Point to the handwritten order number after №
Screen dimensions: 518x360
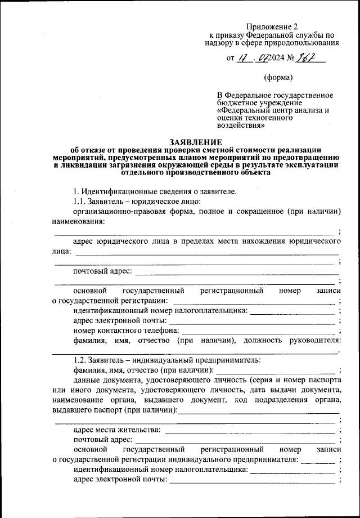(x=309, y=57)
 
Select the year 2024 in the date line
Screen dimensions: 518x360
(x=276, y=58)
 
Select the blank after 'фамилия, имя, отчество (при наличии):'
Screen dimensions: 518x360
(x=277, y=370)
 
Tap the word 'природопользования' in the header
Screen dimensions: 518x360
(x=305, y=42)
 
